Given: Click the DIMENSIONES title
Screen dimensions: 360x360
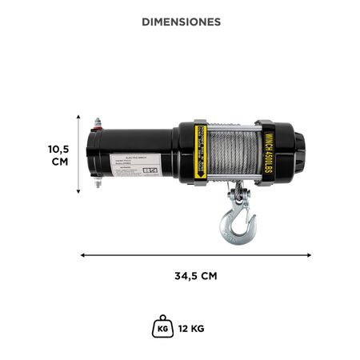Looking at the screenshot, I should pos(180,22).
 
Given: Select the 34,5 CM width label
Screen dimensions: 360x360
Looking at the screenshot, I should pos(196,276).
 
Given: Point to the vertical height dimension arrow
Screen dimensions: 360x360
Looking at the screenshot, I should pos(78,154).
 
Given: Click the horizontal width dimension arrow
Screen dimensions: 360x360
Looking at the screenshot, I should pos(196,255).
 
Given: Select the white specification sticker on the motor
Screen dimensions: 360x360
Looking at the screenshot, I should pos(130,165).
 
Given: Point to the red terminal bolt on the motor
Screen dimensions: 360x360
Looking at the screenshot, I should pos(97,123).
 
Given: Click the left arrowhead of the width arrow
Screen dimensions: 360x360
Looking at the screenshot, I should pos(84,255).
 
